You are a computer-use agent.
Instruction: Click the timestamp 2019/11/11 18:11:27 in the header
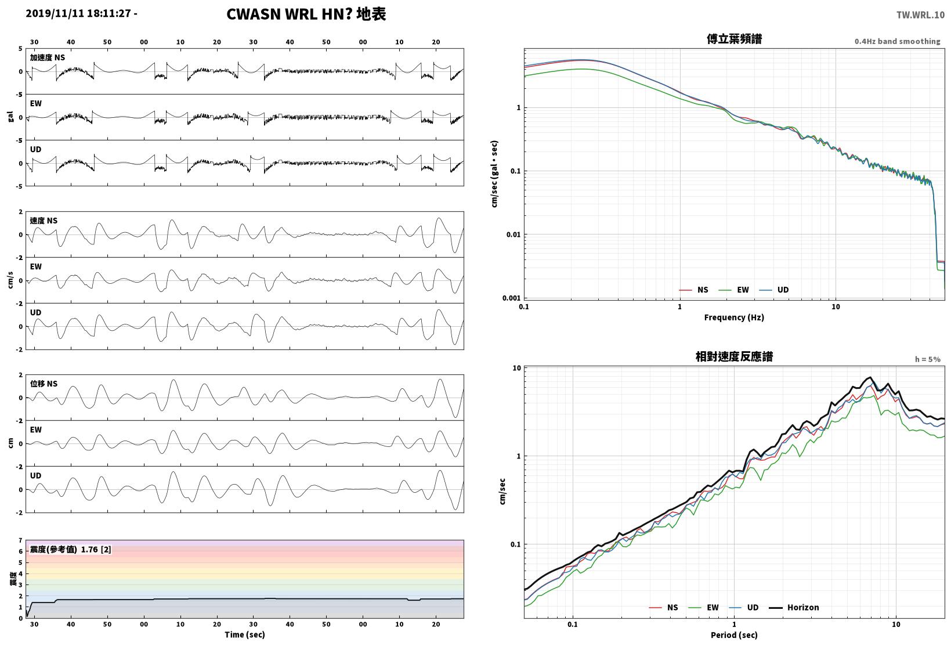click(78, 13)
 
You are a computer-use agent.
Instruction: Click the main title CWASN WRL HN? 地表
click(306, 14)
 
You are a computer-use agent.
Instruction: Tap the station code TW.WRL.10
click(920, 15)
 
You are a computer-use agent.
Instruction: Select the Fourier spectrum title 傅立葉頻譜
click(734, 39)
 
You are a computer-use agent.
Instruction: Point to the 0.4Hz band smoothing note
click(897, 41)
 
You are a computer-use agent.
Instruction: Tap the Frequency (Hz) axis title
click(734, 317)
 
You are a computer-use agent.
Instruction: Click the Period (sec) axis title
click(734, 635)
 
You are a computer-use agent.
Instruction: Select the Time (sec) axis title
click(244, 634)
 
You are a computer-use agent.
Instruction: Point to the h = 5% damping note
click(928, 359)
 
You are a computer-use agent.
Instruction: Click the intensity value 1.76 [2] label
click(96, 549)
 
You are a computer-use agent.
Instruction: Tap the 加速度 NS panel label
click(48, 57)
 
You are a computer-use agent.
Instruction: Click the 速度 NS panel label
click(44, 221)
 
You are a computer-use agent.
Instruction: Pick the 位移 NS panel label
click(44, 384)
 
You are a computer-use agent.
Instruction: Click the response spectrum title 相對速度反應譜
click(734, 356)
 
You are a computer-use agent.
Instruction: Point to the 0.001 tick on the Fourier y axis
click(511, 298)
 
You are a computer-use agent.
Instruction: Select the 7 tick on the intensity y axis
click(20, 540)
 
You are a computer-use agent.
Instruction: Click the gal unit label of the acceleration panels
click(10, 117)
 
